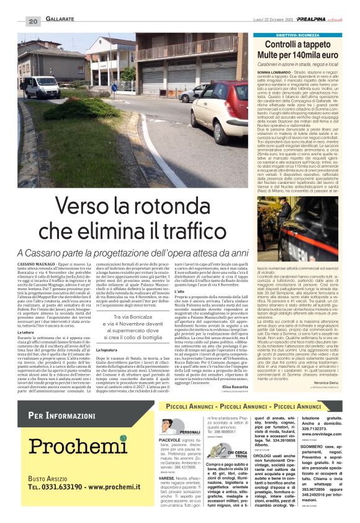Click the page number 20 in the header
32,22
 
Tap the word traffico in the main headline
192,232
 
